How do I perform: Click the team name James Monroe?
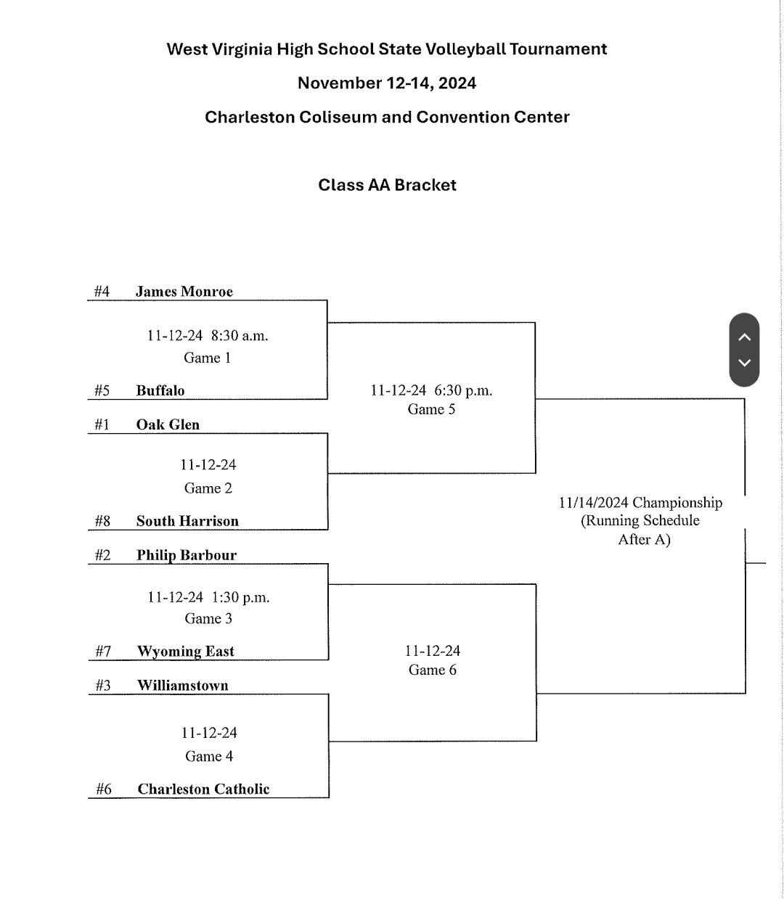point(184,292)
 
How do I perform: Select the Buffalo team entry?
point(160,390)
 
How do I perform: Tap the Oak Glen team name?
point(168,424)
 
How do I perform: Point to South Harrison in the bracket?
point(187,521)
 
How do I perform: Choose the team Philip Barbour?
point(187,555)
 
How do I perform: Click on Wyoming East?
point(186,652)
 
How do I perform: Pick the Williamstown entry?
point(182,685)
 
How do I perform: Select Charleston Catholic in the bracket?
point(203,789)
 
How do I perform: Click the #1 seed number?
point(102,424)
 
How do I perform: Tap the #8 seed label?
point(102,521)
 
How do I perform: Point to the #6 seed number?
point(103,789)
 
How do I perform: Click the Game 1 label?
point(207,358)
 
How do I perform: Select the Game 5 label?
point(431,409)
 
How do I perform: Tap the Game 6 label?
point(432,670)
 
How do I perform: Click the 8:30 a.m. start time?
point(240,336)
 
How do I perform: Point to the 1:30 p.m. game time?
point(240,598)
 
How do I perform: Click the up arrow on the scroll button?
point(744,337)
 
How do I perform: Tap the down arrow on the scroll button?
point(744,362)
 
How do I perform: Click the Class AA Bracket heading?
point(387,185)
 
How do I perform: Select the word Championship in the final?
point(677,503)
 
